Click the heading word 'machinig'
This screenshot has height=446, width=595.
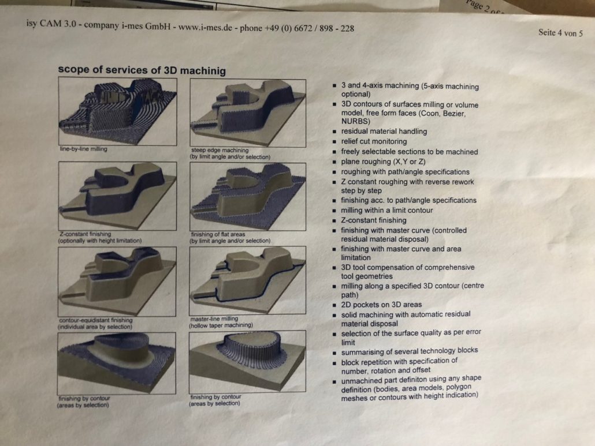pyautogui.click(x=203, y=71)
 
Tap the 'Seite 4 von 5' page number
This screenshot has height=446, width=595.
pyautogui.click(x=560, y=33)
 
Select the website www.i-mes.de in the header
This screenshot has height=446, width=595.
pyautogui.click(x=205, y=27)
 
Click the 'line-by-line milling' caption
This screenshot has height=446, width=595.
pyautogui.click(x=84, y=149)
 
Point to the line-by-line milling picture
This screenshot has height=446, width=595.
pyautogui.click(x=118, y=111)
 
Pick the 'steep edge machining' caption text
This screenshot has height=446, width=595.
pyautogui.click(x=220, y=150)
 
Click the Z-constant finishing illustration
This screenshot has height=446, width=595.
pyautogui.click(x=118, y=196)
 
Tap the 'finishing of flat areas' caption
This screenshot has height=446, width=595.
pyautogui.click(x=218, y=234)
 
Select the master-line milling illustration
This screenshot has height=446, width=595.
pyautogui.click(x=247, y=280)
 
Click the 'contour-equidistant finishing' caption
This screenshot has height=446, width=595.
pyautogui.click(x=96, y=320)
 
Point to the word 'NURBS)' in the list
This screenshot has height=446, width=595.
pyautogui.click(x=356, y=122)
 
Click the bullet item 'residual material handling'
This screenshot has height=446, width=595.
pyautogui.click(x=384, y=132)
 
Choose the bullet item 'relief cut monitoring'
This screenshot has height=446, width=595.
pyautogui.click(x=374, y=141)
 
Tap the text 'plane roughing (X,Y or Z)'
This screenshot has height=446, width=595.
pyautogui.click(x=383, y=162)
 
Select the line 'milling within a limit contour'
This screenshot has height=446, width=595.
pyautogui.click(x=386, y=210)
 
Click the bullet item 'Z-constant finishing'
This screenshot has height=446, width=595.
pyautogui.click(x=373, y=220)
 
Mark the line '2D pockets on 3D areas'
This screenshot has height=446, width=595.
pyautogui.click(x=381, y=305)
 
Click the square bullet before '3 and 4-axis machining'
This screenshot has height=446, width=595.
pyautogui.click(x=334, y=86)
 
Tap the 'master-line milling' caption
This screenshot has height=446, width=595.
pyautogui.click(x=214, y=318)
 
